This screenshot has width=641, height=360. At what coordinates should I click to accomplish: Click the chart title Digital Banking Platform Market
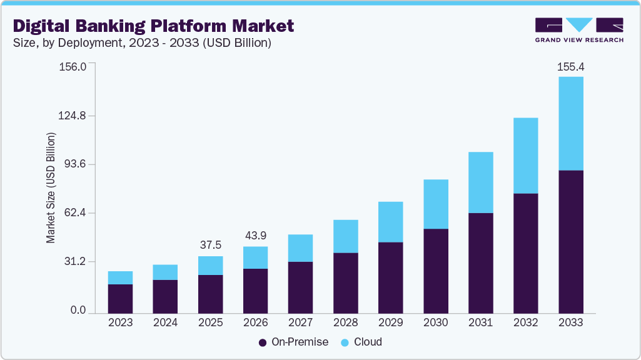pyautogui.click(x=153, y=26)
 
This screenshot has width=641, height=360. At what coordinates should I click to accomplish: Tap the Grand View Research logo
pyautogui.click(x=579, y=30)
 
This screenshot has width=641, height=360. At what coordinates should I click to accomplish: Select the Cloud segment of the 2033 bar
pyautogui.click(x=570, y=123)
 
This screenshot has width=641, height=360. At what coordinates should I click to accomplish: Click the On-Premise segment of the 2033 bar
pyautogui.click(x=570, y=241)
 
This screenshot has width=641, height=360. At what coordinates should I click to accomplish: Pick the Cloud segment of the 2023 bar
pyautogui.click(x=120, y=277)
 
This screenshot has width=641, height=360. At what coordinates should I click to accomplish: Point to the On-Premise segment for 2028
pyautogui.click(x=345, y=282)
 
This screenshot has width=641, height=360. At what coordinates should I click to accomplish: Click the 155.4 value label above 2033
pyautogui.click(x=570, y=66)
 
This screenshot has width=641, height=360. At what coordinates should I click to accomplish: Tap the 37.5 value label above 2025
pyautogui.click(x=211, y=245)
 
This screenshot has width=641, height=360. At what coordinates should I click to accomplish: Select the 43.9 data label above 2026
pyautogui.click(x=256, y=236)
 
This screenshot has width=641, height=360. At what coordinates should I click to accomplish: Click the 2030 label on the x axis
pyautogui.click(x=435, y=322)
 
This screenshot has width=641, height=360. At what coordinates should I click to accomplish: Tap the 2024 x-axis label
pyautogui.click(x=165, y=322)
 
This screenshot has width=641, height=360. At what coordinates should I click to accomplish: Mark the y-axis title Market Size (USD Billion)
pyautogui.click(x=51, y=188)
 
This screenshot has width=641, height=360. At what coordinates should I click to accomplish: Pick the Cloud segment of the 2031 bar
pyautogui.click(x=480, y=182)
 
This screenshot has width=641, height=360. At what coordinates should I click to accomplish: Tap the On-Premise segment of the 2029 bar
pyautogui.click(x=390, y=277)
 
